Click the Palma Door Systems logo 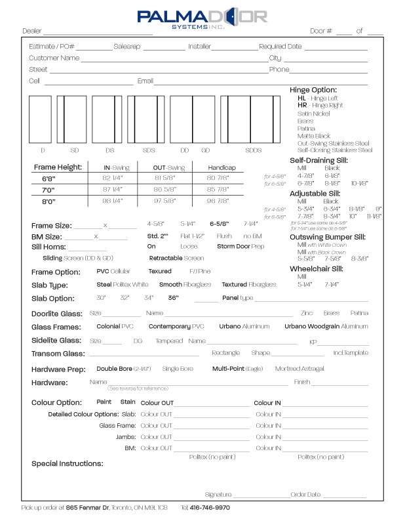(202, 18)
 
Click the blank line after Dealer (98, 31)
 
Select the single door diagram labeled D (43, 119)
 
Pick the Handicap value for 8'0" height (219, 201)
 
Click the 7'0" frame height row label (48, 190)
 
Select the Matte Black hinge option (314, 136)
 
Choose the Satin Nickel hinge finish (314, 114)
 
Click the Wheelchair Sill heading (316, 268)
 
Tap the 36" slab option (173, 298)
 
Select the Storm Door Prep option (241, 246)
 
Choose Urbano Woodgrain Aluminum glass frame (326, 326)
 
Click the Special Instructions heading (67, 463)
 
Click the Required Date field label (280, 47)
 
